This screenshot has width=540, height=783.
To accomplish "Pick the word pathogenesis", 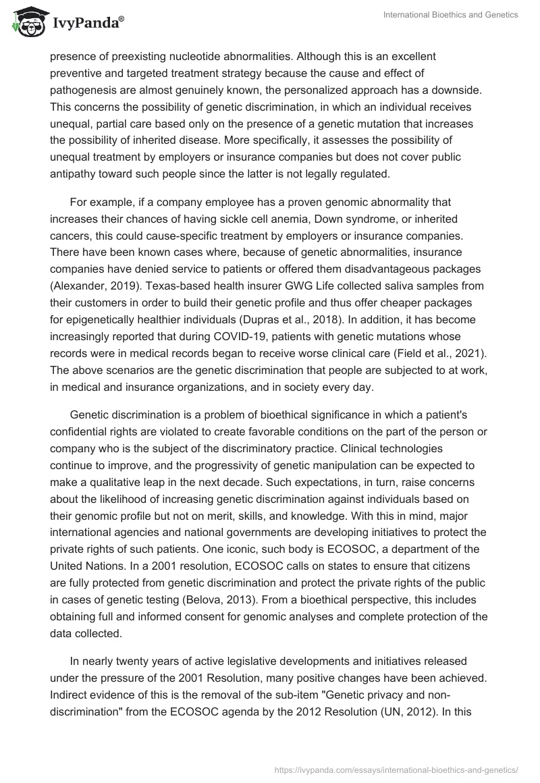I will [86, 90].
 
